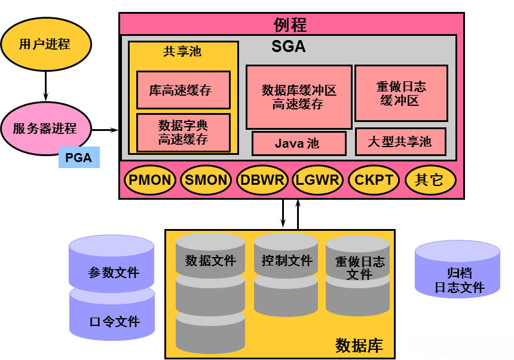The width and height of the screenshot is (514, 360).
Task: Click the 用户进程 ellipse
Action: (46, 44)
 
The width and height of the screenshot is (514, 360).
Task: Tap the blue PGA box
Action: (79, 157)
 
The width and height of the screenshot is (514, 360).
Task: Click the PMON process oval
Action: (150, 180)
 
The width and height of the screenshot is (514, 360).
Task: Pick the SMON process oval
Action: (206, 180)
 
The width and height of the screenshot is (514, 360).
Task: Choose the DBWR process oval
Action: (262, 180)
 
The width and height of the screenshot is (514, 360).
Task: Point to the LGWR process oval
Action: (317, 180)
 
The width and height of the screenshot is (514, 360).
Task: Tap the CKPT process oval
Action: (374, 180)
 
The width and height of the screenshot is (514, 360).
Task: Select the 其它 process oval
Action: (430, 180)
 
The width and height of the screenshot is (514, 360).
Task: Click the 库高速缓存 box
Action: (183, 90)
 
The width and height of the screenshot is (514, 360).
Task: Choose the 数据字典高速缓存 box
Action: (183, 133)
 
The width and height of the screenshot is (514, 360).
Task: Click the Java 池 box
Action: (299, 144)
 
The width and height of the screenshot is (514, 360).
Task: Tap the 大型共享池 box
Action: (400, 142)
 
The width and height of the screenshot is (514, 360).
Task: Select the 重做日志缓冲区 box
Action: (401, 93)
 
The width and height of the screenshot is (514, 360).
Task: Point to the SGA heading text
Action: (289, 47)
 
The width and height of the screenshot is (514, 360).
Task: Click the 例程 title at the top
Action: (290, 25)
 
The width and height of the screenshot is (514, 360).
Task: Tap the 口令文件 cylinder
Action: (112, 314)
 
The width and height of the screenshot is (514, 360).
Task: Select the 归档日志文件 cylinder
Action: (457, 270)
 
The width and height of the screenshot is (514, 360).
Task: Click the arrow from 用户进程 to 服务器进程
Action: (45, 86)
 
